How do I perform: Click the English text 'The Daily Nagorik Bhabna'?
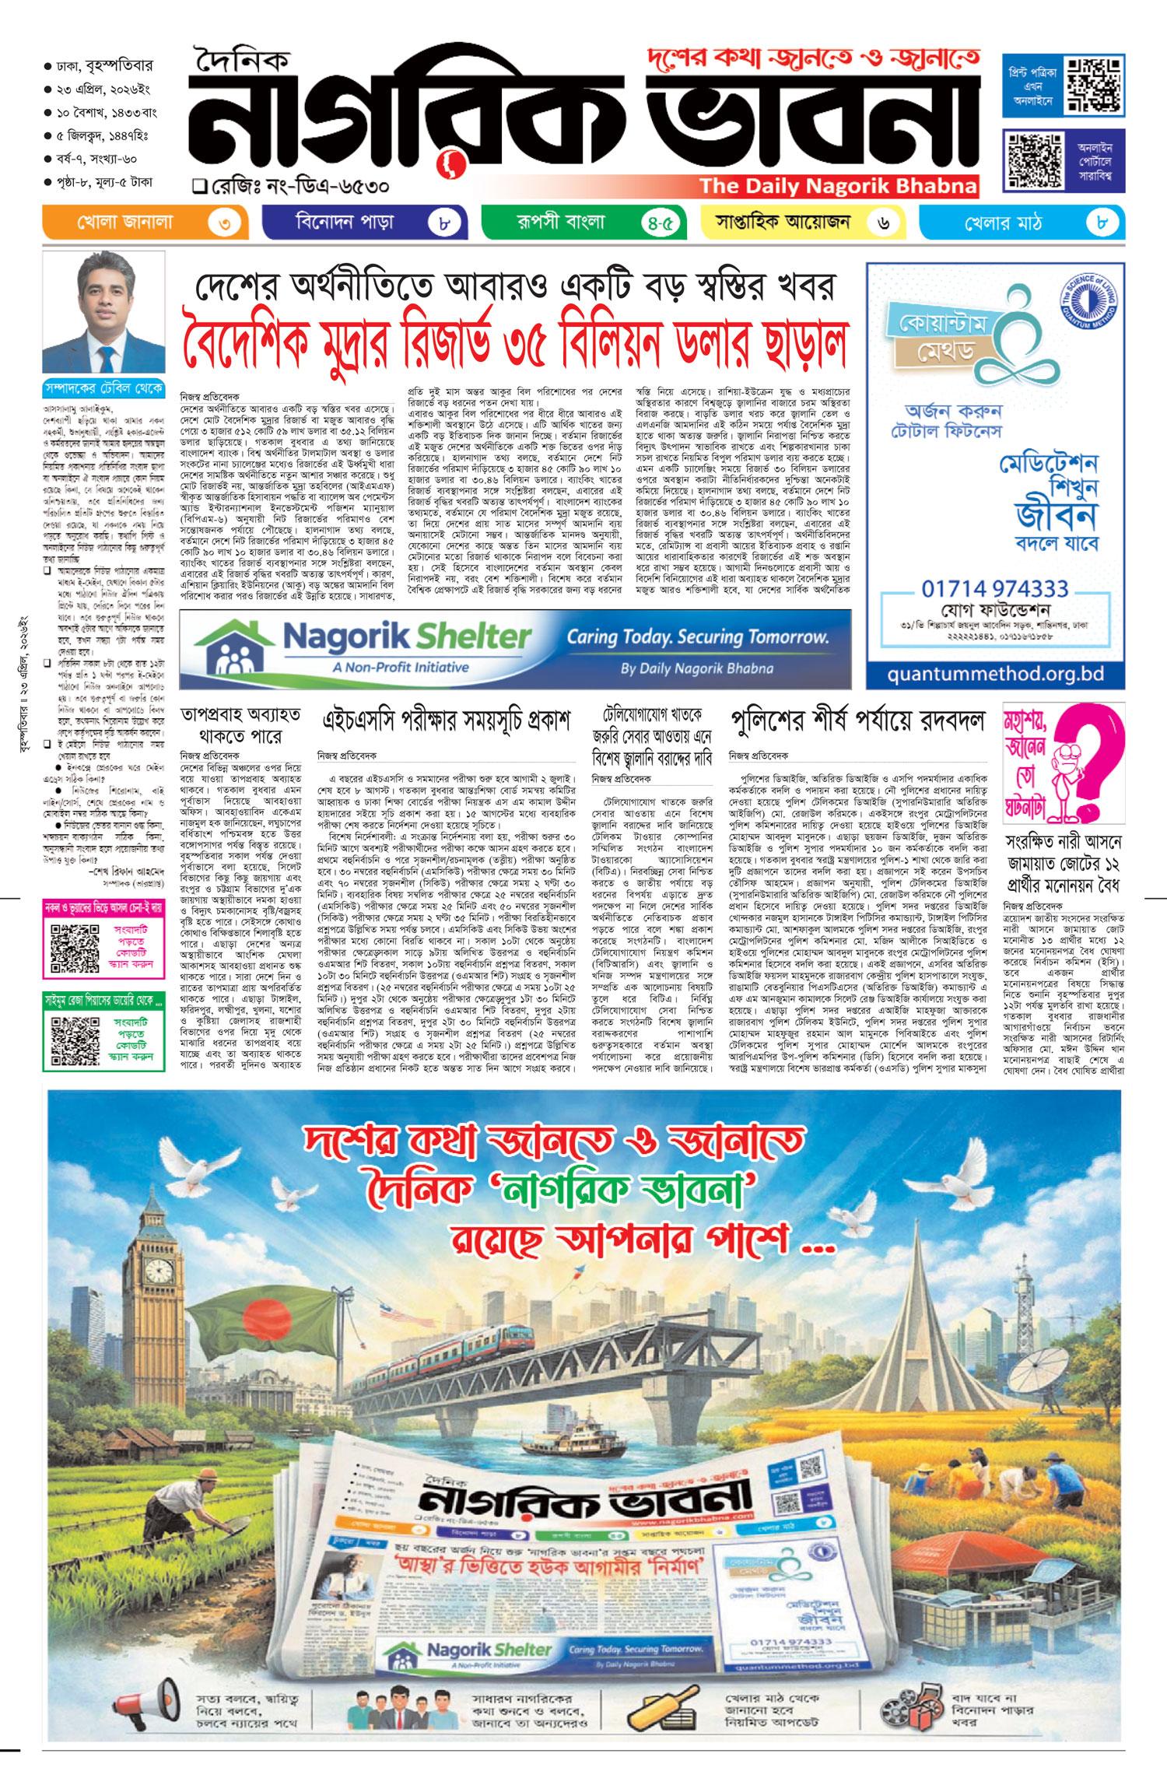[x=837, y=186]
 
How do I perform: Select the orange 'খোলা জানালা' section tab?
[x=145, y=223]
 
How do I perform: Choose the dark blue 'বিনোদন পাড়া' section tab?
[x=364, y=223]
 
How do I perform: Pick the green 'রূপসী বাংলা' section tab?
[x=583, y=223]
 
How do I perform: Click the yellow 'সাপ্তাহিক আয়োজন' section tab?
[x=803, y=223]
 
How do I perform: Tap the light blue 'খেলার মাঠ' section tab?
[x=1021, y=223]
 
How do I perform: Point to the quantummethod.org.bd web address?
[x=995, y=674]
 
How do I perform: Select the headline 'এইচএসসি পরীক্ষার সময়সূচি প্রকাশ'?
[x=447, y=721]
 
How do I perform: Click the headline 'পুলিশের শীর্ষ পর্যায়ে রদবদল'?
[x=857, y=721]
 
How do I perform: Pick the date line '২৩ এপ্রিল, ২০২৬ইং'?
[x=102, y=89]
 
